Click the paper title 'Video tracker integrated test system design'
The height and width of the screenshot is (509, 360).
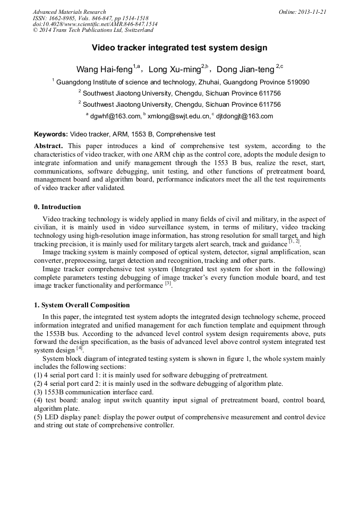click(179, 48)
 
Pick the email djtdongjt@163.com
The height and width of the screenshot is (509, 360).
click(244, 116)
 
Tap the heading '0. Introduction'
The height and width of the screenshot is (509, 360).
click(57, 207)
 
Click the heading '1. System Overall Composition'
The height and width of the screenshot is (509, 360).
click(82, 305)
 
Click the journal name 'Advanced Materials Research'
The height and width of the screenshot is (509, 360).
click(69, 12)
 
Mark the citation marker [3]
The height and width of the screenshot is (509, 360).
click(168, 283)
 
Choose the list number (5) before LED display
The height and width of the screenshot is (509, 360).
click(39, 417)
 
